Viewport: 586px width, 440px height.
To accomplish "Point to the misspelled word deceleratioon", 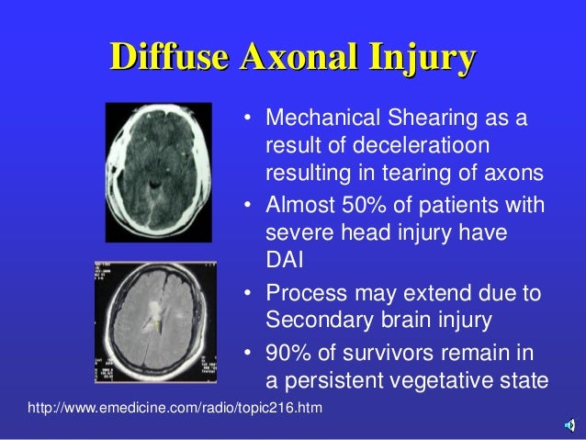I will click(x=377, y=147).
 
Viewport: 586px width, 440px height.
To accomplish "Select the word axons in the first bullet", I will click(x=515, y=172).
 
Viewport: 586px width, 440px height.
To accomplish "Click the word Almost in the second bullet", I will click(x=295, y=204).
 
